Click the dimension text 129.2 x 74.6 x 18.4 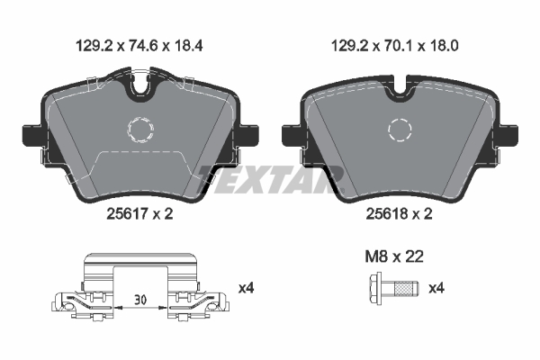[139, 46]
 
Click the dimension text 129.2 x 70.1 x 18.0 [395, 46]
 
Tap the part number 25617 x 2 [139, 214]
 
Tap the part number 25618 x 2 [399, 214]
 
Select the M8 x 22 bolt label [394, 256]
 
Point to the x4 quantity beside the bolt [436, 288]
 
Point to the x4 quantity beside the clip [247, 288]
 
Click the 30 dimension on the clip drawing [140, 300]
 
